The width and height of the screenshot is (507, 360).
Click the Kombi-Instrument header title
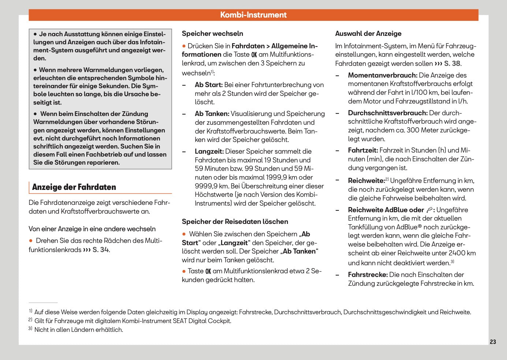tap(253, 15)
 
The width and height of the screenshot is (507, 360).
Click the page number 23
tap(493, 342)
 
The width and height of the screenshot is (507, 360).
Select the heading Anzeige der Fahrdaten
tap(74, 187)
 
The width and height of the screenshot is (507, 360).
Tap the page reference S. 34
tap(100, 250)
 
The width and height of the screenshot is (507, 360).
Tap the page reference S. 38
tap(452, 63)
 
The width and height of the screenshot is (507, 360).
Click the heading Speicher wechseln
tap(212, 34)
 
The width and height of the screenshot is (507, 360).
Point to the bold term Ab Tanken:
tap(212, 114)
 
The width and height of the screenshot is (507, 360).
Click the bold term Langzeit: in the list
tap(209, 151)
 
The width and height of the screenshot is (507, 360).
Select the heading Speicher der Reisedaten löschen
tap(235, 222)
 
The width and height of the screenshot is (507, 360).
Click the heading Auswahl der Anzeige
tap(368, 34)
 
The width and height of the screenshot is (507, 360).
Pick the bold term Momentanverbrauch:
tap(383, 75)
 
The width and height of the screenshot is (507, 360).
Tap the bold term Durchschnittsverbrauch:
tap(388, 113)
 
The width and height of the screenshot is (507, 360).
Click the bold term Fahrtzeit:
tap(363, 150)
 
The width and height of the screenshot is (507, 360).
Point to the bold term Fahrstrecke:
tap(368, 275)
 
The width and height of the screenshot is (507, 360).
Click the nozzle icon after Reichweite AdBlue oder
tap(429, 210)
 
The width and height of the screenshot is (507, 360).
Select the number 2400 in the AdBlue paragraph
tap(456, 253)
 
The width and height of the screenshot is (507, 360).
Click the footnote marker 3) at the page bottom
tap(31, 329)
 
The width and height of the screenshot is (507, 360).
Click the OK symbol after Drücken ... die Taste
tap(254, 55)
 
